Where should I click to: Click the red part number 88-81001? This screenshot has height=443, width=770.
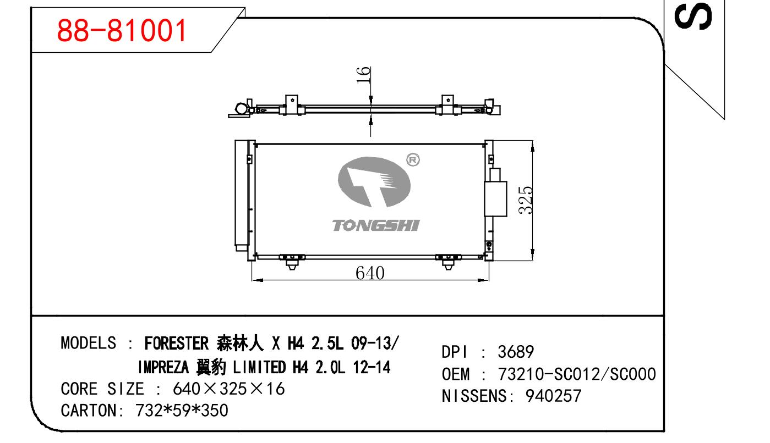[122, 31]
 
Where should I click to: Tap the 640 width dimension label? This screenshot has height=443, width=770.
[370, 273]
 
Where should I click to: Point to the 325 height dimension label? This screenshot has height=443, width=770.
[526, 201]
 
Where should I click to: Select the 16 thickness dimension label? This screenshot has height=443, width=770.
[363, 75]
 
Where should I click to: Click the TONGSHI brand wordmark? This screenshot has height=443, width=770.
[376, 225]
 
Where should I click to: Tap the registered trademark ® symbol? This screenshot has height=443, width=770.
[413, 160]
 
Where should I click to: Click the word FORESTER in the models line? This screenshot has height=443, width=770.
[176, 343]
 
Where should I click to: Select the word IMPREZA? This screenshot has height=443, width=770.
[163, 367]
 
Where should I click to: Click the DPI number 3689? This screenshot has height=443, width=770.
[516, 352]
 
